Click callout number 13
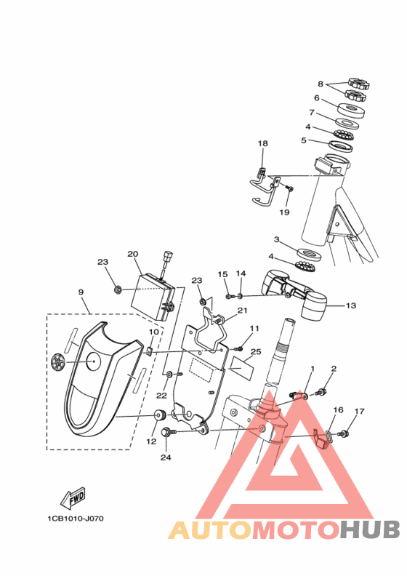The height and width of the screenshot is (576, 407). pyautogui.click(x=351, y=305)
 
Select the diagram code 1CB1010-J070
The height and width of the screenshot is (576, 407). pyautogui.click(x=76, y=519)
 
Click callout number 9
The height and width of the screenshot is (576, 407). pyautogui.click(x=81, y=292)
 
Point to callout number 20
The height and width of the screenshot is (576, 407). pyautogui.click(x=132, y=254)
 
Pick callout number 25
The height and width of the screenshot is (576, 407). pyautogui.click(x=256, y=351)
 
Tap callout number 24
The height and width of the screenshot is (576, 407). pyautogui.click(x=166, y=457)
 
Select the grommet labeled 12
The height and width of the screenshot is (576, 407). pyautogui.click(x=160, y=415)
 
